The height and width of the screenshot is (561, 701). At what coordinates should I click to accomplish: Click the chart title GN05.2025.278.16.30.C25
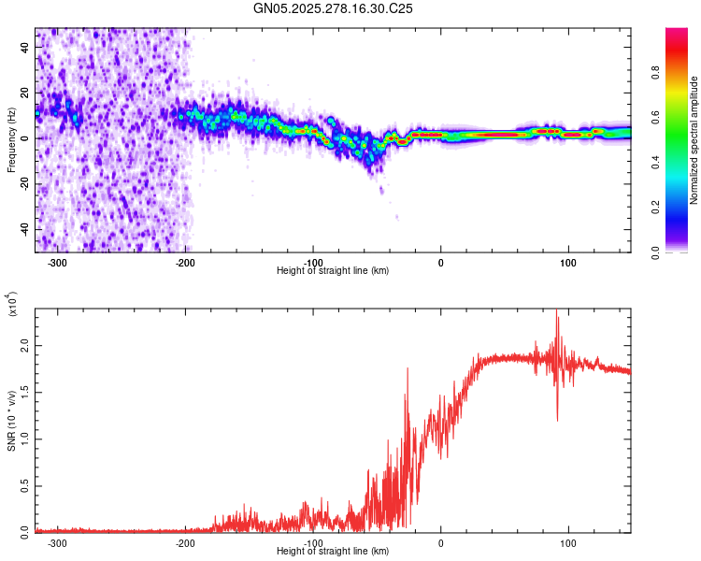[x=334, y=8]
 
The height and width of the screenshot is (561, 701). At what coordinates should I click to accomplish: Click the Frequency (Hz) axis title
[x=11, y=139]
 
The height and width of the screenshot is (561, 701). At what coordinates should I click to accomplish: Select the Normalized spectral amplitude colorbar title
[x=694, y=140]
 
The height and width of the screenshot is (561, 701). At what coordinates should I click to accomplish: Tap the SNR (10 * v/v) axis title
[x=11, y=420]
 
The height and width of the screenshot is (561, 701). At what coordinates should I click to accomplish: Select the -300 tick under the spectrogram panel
[x=57, y=262]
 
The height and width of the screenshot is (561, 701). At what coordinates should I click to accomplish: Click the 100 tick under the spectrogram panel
[x=567, y=262]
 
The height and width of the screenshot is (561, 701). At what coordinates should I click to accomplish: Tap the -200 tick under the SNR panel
[x=185, y=542]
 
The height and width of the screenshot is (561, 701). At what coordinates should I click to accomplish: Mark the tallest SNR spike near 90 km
[x=557, y=312]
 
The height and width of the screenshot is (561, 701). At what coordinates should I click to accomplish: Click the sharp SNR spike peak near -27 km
[x=408, y=368]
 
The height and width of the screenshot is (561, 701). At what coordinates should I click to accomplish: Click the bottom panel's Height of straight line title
[x=333, y=552]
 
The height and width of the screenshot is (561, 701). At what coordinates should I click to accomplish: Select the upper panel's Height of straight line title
[x=333, y=270]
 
